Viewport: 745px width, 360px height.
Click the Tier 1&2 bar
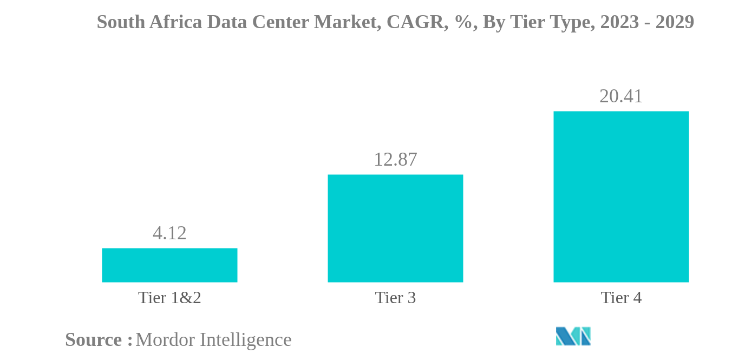(169, 265)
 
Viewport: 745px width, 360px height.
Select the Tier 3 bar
(395, 228)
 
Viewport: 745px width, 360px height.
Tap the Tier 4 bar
(621, 197)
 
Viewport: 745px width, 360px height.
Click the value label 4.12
(169, 233)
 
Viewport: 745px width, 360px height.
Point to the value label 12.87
(395, 160)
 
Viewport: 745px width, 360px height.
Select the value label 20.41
(621, 96)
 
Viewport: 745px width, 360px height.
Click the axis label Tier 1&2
(169, 298)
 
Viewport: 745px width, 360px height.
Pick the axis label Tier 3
(395, 298)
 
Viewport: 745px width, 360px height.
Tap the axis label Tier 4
(621, 298)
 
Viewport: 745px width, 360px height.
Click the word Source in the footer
(94, 340)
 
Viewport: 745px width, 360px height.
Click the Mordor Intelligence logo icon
(573, 336)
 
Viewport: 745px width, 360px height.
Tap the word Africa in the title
(175, 22)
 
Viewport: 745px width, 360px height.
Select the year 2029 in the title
(675, 22)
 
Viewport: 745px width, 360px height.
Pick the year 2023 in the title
(619, 22)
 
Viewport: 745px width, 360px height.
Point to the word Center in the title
(280, 22)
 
